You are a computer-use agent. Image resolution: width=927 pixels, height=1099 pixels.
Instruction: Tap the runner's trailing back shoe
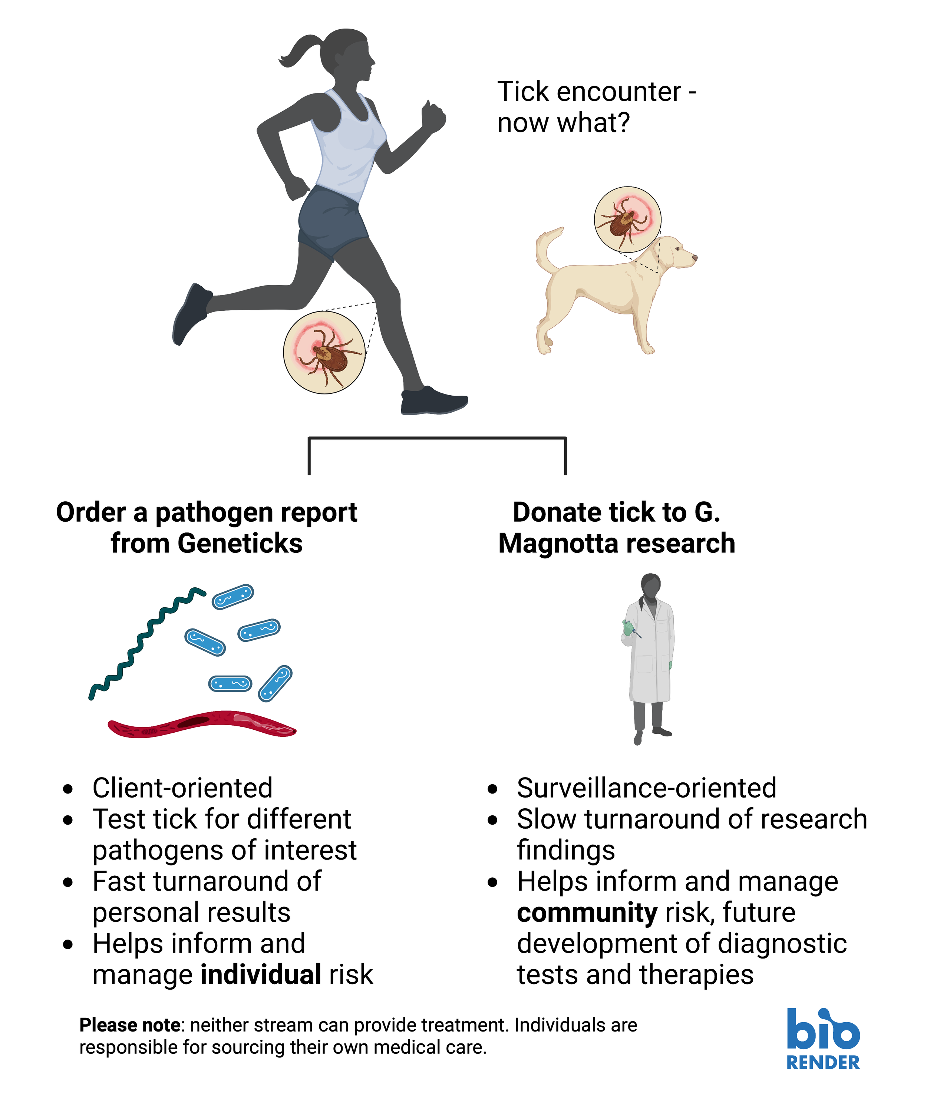pos(189,313)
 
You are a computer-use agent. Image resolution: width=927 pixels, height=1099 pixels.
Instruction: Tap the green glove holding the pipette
pos(628,627)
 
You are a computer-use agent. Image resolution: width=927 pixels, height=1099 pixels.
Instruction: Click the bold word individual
pos(261,974)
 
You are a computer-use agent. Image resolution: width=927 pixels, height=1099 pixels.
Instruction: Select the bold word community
pos(587,913)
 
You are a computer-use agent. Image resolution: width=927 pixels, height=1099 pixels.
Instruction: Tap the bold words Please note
pos(130,1025)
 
